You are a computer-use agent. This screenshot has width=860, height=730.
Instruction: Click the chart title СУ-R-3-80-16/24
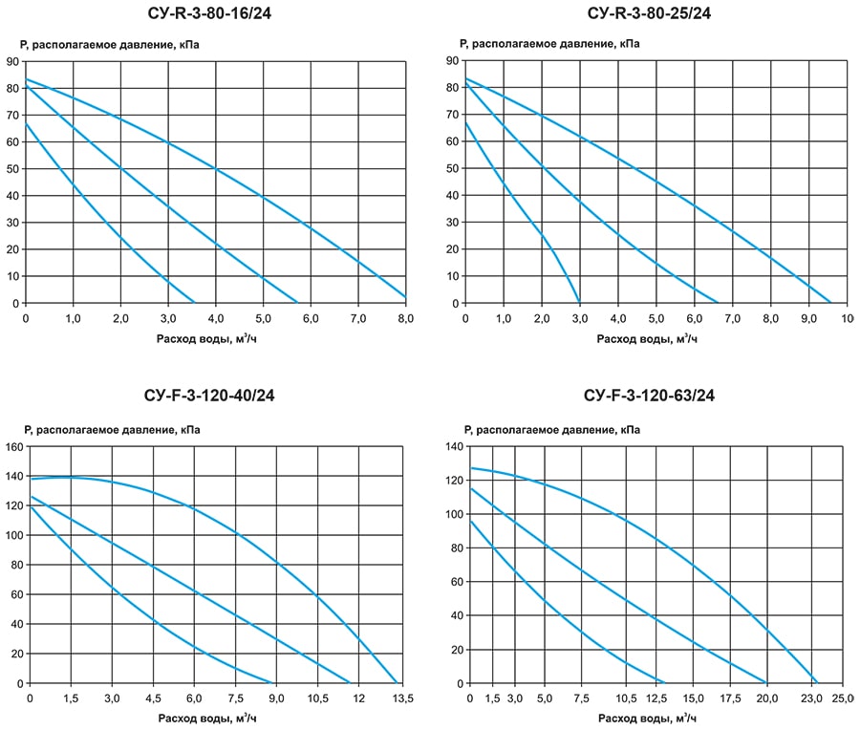pyautogui.click(x=215, y=13)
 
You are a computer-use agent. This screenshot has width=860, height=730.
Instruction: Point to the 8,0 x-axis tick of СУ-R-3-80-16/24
pyautogui.click(x=405, y=318)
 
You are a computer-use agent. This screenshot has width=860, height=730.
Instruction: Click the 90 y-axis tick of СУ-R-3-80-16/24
pyautogui.click(x=11, y=60)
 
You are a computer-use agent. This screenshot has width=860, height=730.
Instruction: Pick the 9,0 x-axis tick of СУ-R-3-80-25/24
pyautogui.click(x=807, y=318)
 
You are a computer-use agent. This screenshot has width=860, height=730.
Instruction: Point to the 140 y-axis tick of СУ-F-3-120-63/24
pyautogui.click(x=453, y=446)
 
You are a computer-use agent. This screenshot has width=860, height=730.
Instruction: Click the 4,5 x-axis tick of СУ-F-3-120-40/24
pyautogui.click(x=153, y=699)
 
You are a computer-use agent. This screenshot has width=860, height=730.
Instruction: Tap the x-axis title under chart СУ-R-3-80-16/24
pyautogui.click(x=215, y=338)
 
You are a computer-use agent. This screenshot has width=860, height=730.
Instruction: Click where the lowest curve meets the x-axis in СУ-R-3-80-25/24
pyautogui.click(x=580, y=303)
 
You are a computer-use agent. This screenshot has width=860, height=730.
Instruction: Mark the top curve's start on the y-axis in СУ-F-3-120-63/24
pyautogui.click(x=469, y=467)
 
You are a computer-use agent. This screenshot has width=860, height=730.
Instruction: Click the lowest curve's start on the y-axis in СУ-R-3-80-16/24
pyautogui.click(x=26, y=123)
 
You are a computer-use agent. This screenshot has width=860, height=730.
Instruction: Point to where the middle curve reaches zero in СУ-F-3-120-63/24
pyautogui.click(x=766, y=683)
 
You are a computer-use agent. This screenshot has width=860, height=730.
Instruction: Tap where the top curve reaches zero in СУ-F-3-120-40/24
pyautogui.click(x=397, y=683)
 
